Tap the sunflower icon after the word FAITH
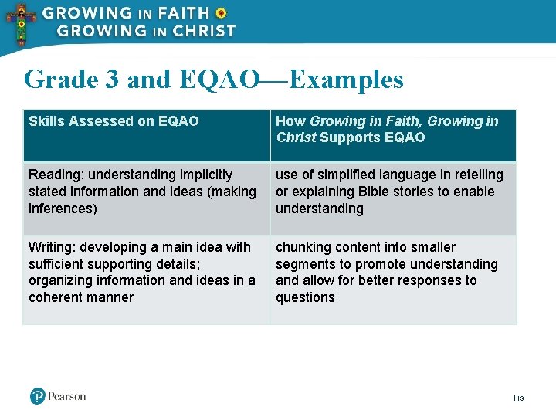[x=221, y=13]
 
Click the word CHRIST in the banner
[x=202, y=32]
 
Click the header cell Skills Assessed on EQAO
[x=114, y=121]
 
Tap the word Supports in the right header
[x=345, y=137]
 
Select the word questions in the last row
[x=305, y=297]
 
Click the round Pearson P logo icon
[x=38, y=396]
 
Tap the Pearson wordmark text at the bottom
[x=67, y=397]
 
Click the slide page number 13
[x=520, y=398]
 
